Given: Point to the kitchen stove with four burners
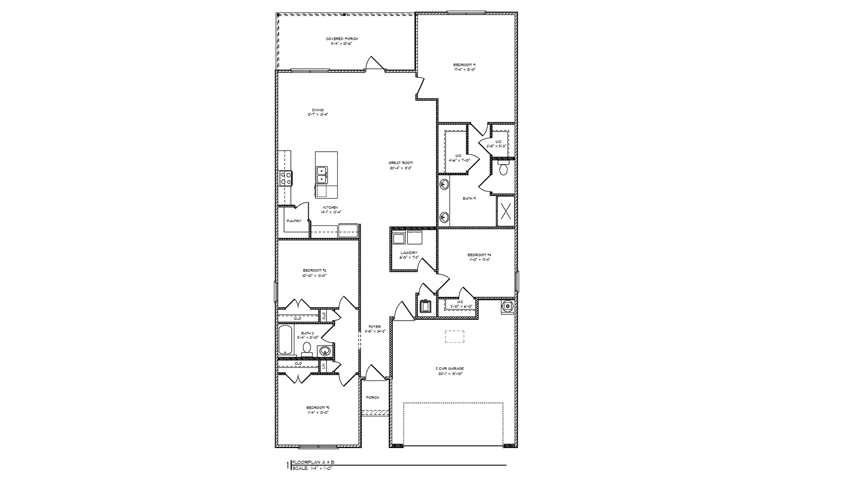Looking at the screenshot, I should [x=285, y=178].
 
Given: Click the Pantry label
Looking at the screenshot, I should [x=294, y=221].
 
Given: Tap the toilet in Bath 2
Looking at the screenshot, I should [x=307, y=348].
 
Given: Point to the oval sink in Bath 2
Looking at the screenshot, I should [x=325, y=351].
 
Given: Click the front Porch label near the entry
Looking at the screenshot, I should [x=373, y=397].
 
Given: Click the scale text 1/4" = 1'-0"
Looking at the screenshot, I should [x=313, y=468].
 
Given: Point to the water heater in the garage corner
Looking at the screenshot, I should [x=507, y=306].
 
